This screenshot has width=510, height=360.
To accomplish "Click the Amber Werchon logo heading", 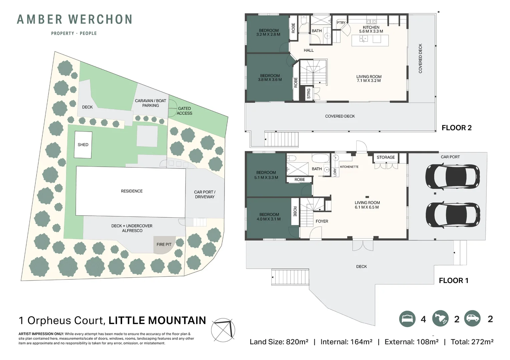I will tap(74, 19).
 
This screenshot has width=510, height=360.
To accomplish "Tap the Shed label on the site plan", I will tap(83, 145).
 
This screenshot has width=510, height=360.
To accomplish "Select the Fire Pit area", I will tap(164, 245).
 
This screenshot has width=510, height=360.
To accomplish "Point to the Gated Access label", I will tap(184, 111).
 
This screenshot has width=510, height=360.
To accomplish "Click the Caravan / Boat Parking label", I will tap(150, 103).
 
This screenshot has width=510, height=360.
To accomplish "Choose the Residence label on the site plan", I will tap(132, 191).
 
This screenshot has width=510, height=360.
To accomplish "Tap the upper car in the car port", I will tap(453, 176).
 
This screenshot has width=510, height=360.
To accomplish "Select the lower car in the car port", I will tap(453, 215).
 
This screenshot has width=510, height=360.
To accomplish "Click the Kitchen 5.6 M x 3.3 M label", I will tap(371, 29).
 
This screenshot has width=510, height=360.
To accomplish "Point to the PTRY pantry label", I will tap(341, 23).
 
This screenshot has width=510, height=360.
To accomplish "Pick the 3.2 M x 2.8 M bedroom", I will tap(268, 32).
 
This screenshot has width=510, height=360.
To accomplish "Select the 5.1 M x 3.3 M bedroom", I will tap(266, 175).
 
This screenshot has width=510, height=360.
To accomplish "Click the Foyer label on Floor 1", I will tap(322, 221).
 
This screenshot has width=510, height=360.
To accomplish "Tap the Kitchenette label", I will tap(349, 167).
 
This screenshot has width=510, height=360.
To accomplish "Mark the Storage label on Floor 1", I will tap(386, 157).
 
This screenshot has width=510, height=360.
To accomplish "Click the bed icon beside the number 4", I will tap(407, 319).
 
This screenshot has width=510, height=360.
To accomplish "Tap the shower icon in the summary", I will tap(440, 319).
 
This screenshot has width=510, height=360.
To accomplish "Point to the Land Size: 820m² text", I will tap(279, 342).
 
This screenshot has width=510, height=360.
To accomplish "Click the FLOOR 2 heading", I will tap(456, 128).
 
